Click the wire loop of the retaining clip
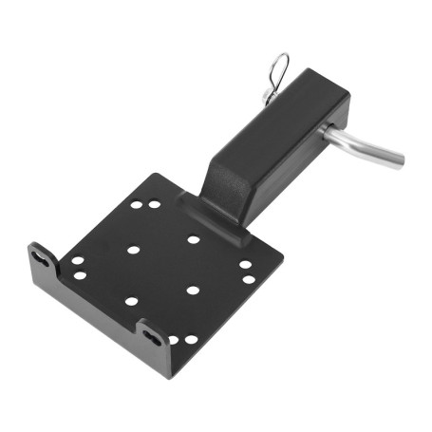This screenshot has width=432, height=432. coord(276,68)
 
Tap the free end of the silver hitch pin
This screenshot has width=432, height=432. coord(398,158)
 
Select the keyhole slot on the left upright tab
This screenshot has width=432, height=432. coord(42,256)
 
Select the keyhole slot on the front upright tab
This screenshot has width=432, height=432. coord(153,333)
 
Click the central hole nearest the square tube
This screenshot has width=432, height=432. coord(194,239)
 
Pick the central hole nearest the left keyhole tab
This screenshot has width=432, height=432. coord(133,250)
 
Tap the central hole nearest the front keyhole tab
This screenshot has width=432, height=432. coord(131,301)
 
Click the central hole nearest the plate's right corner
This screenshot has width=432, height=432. coord(193,290)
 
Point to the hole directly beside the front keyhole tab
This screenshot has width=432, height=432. coord(173,340)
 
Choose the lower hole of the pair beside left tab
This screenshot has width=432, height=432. coord(80,275)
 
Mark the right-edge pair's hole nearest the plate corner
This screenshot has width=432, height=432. coord(249,279)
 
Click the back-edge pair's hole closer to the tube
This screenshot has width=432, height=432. coord(154,203)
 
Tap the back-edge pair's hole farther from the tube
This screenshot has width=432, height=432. coord(137,204)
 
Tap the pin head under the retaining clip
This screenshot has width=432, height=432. coord(267,96)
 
